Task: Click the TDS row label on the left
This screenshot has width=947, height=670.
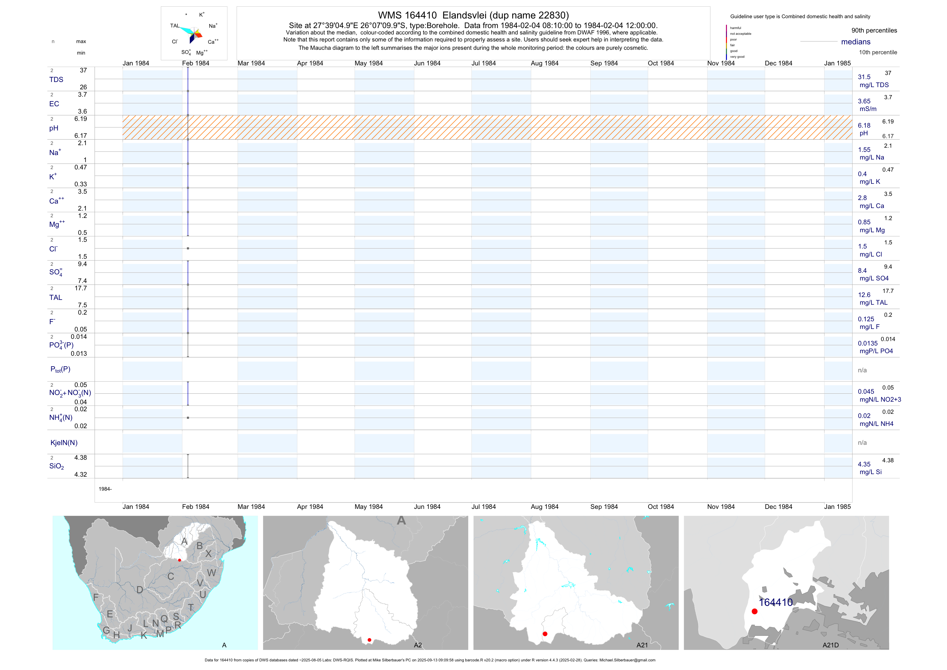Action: tap(56, 80)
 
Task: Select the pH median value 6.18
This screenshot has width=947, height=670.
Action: tap(864, 125)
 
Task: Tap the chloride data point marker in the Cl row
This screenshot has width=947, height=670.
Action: tap(188, 248)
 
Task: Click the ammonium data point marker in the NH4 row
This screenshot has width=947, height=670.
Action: tap(188, 418)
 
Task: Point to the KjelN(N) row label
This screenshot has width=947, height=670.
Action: tap(64, 443)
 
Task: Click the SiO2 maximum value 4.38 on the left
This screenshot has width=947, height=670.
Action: tap(80, 458)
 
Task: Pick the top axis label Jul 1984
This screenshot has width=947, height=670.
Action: tap(484, 63)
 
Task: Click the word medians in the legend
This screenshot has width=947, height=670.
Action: tap(856, 42)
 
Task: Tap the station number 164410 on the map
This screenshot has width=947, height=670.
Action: tap(776, 602)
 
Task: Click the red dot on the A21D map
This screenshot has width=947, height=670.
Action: tap(754, 611)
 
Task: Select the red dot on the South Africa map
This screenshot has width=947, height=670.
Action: tap(180, 560)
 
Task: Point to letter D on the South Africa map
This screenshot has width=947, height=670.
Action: tap(140, 590)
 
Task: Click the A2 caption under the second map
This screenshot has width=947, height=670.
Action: tap(418, 645)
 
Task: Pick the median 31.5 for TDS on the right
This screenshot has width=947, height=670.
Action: tap(864, 77)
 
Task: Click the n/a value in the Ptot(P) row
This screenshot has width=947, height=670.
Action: tap(862, 370)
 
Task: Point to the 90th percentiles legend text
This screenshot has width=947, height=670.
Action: tap(874, 31)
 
